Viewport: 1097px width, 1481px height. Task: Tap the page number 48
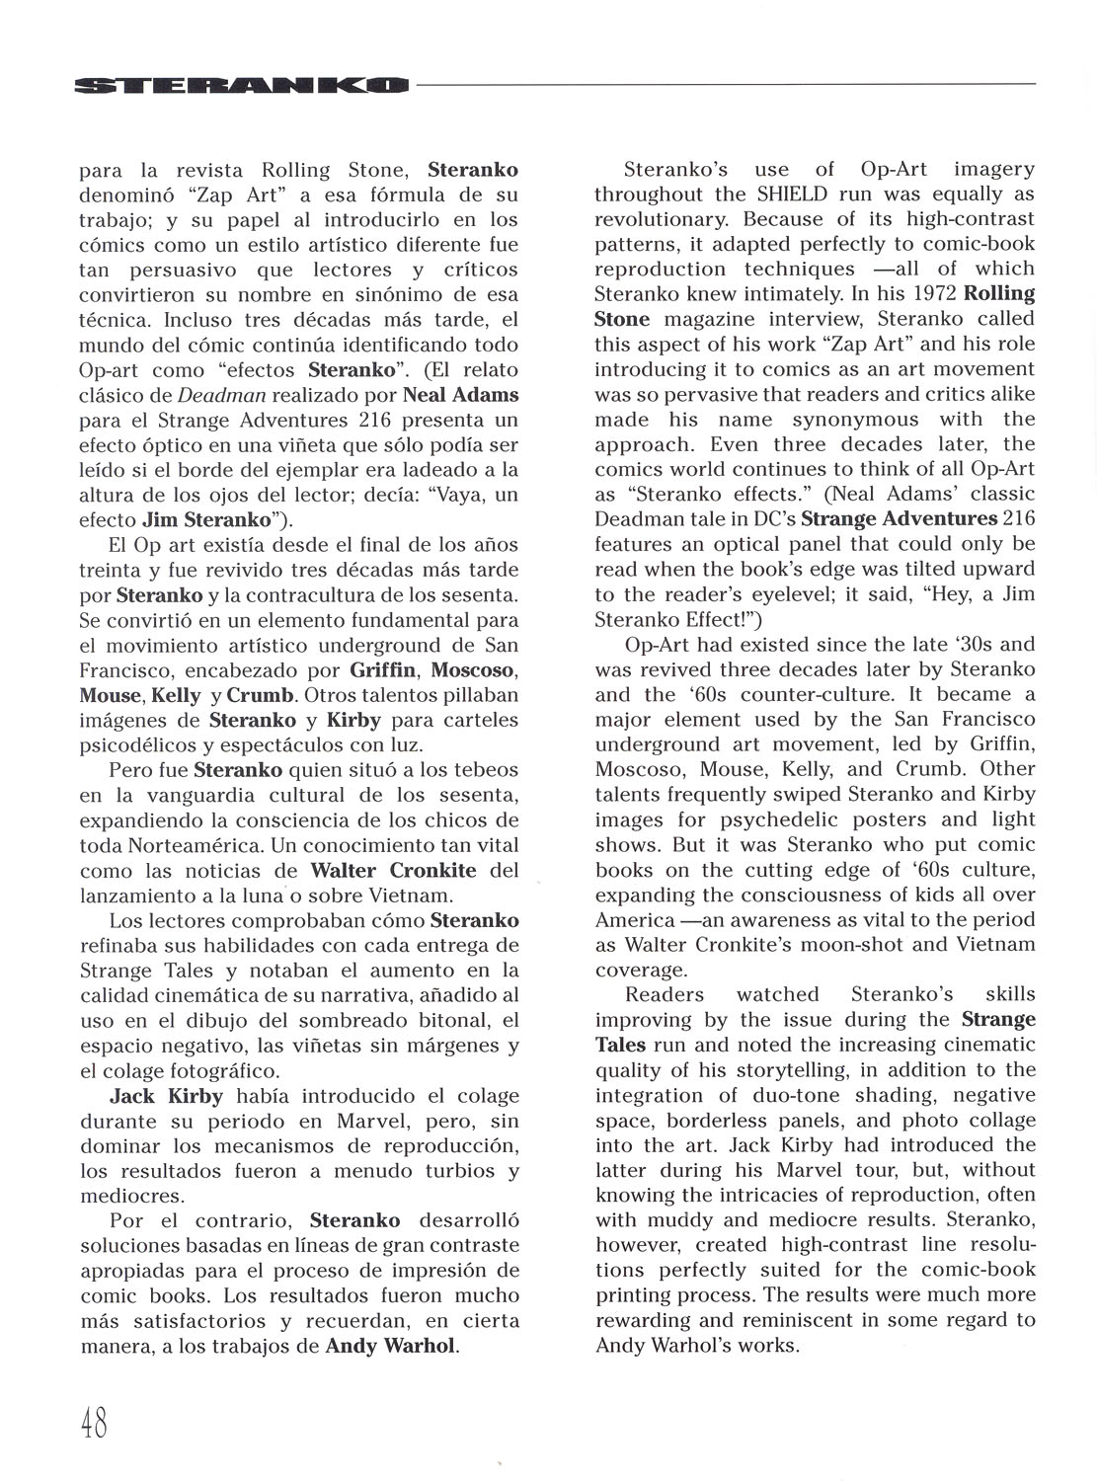click(x=94, y=1423)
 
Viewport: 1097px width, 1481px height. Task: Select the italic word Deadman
click(x=216, y=396)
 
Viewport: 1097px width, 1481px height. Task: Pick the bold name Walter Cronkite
click(x=393, y=871)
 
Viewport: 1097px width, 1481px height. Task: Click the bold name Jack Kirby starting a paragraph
click(x=167, y=1096)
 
